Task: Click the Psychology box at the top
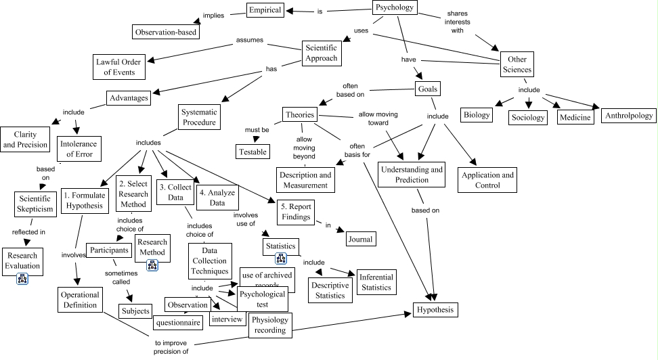coord(394,8)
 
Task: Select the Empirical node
coord(265,10)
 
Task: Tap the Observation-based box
coord(166,31)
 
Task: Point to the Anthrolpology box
coord(628,115)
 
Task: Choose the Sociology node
coord(527,117)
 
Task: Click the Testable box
coord(252,152)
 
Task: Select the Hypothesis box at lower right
coord(436,310)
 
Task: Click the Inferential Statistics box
coord(376,282)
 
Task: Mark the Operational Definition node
coord(80,300)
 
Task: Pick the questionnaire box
coord(178,323)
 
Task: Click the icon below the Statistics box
coord(281,258)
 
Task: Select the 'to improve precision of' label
coord(171,347)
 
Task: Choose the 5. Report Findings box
coord(293,212)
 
